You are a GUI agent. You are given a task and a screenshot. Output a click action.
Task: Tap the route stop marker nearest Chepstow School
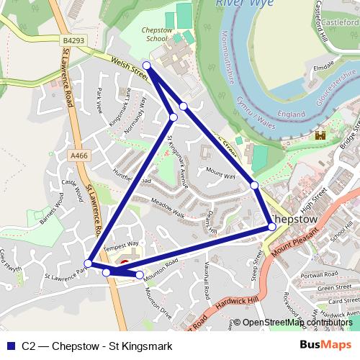coord(146,66)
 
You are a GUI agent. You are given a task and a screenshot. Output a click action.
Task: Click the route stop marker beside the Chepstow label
coord(272,227)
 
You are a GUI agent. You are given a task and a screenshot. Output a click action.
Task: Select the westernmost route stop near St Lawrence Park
coord(88,263)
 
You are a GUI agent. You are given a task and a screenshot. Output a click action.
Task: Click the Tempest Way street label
coord(120,246)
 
